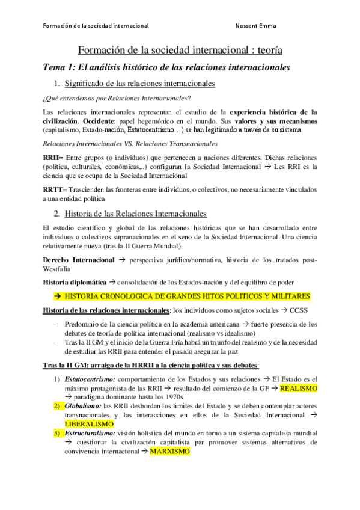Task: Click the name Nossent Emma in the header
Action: [256, 26]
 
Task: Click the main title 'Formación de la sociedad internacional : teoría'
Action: [180, 51]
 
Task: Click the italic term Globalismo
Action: [82, 406]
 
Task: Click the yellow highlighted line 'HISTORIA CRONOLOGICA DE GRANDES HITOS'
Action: [186, 296]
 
